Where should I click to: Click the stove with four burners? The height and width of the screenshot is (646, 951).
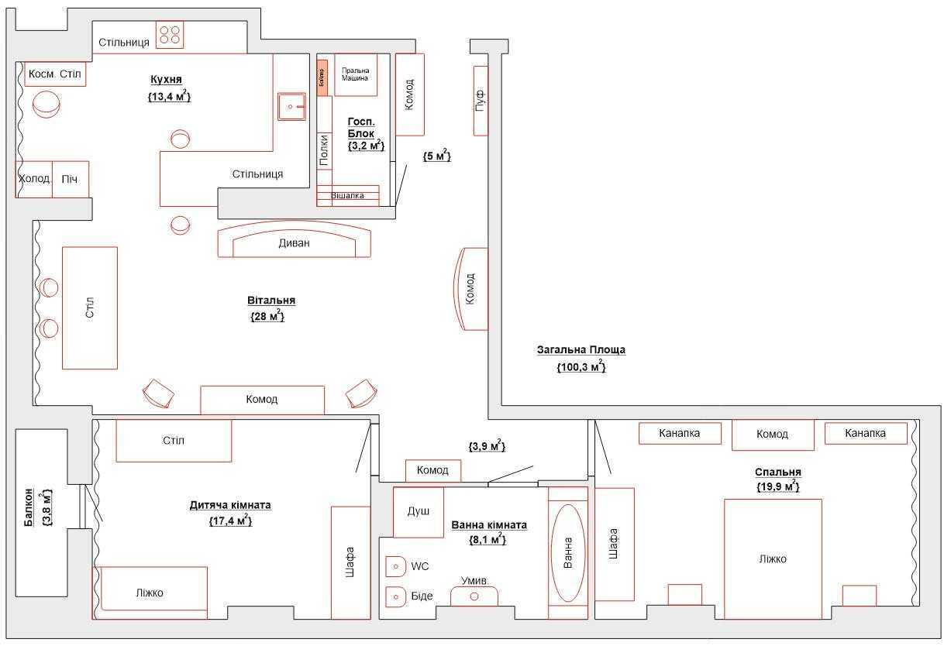click(170, 35)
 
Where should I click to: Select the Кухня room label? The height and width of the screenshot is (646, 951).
click(166, 80)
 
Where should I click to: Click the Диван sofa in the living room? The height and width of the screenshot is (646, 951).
click(294, 242)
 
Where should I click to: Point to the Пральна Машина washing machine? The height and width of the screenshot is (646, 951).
click(355, 74)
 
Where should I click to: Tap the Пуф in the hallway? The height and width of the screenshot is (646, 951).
click(481, 100)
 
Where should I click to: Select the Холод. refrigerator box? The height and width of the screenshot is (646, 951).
click(34, 179)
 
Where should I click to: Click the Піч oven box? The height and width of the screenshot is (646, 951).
click(71, 179)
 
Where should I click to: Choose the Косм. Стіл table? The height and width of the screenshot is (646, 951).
click(54, 74)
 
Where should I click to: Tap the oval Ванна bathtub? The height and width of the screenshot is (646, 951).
click(568, 553)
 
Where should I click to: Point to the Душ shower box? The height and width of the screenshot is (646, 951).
click(418, 512)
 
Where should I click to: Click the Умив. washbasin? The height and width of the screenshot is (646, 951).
click(474, 595)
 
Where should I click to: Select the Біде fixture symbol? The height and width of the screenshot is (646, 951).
click(396, 596)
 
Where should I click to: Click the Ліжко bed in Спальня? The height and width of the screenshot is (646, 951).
click(772, 558)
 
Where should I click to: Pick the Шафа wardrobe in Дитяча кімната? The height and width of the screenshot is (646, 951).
click(350, 562)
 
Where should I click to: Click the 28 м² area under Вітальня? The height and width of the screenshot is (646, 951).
click(267, 316)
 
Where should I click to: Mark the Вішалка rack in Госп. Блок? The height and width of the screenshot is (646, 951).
click(347, 195)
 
